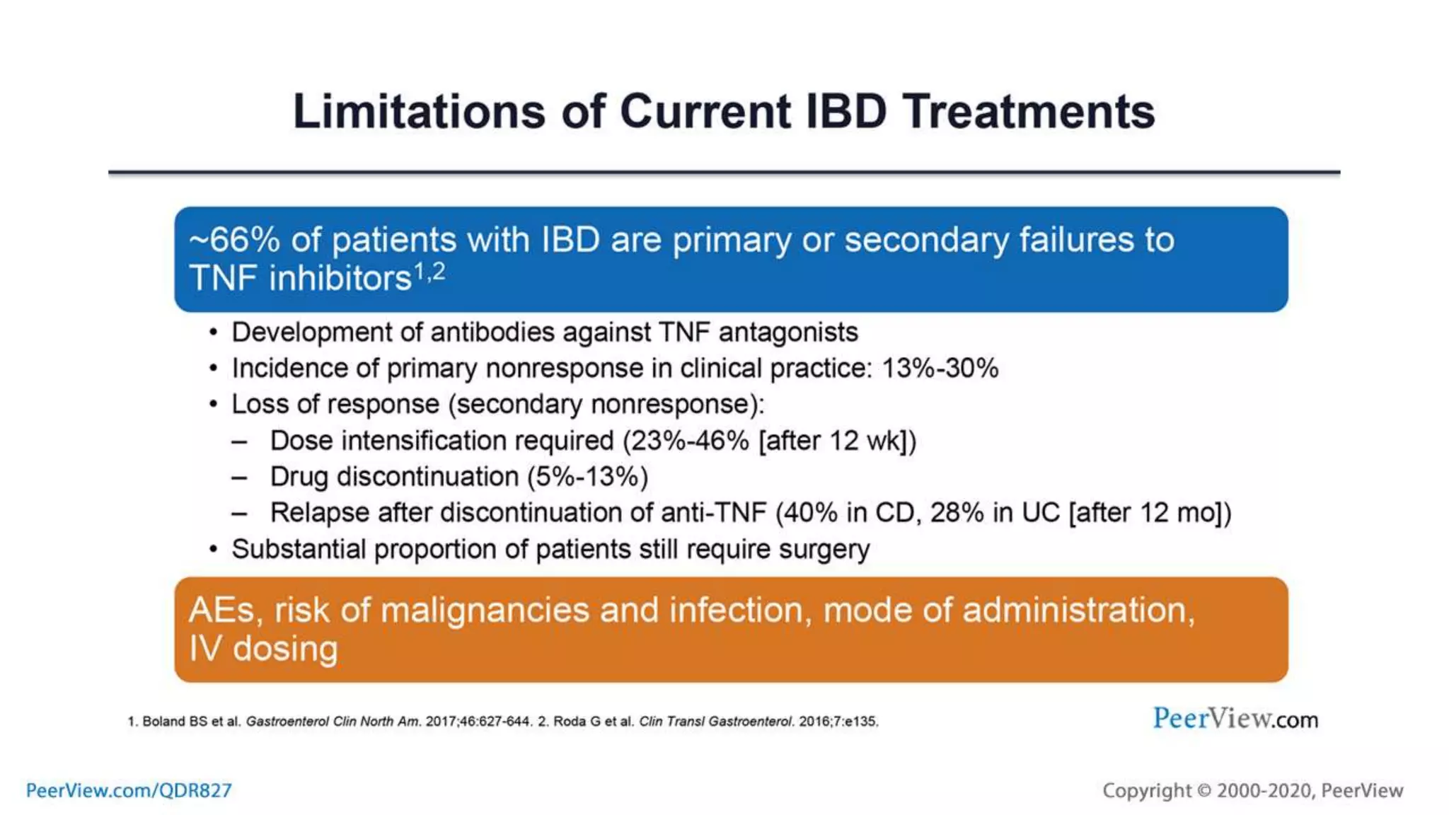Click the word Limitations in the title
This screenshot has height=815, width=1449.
click(419, 112)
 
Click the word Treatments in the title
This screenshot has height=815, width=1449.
click(1028, 112)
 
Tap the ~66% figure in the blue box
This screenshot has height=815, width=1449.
click(234, 240)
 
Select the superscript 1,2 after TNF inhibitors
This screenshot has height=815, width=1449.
click(429, 272)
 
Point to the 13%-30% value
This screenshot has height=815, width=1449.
click(940, 369)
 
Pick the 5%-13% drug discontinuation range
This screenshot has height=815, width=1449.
click(587, 477)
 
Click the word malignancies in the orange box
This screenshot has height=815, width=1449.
click(485, 611)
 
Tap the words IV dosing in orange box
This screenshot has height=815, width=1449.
click(263, 649)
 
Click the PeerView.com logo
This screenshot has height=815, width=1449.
click(1235, 719)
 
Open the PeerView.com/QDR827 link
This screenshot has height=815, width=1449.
click(129, 790)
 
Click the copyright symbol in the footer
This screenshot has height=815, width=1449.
click(1204, 791)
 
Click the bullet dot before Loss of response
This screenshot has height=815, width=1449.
click(214, 405)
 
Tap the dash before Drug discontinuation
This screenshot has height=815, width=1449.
click(240, 478)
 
